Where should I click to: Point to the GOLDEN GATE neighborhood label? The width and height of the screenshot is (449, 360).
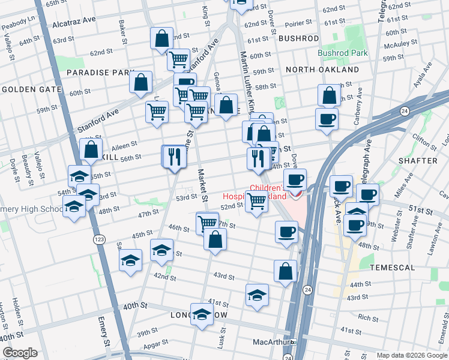(x=32, y=89)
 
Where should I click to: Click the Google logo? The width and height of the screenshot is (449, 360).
(x=20, y=353)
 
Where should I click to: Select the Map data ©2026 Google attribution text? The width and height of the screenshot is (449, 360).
(x=412, y=355)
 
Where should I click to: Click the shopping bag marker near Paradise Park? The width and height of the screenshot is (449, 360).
(x=140, y=83)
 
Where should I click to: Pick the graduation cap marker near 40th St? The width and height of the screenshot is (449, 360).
(x=202, y=314)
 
